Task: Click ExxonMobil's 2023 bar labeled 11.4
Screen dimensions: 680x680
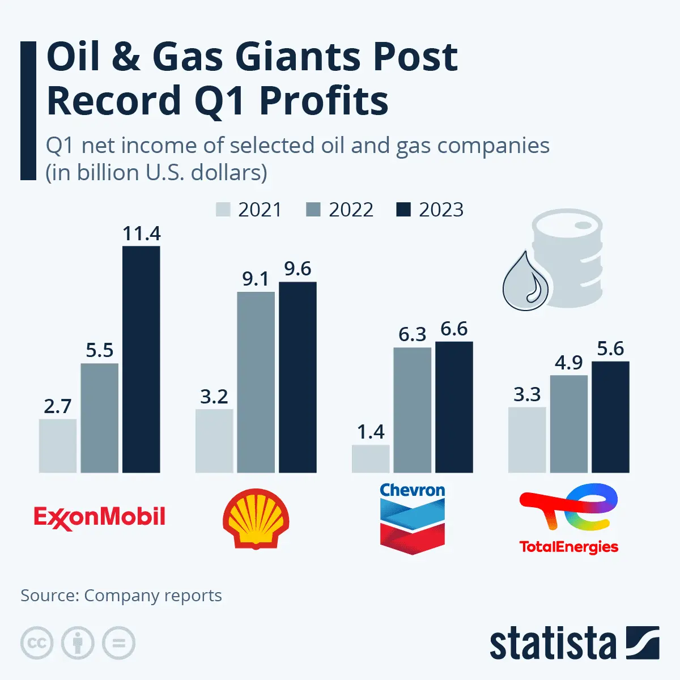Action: [141, 359]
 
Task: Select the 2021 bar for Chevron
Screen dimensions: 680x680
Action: [371, 459]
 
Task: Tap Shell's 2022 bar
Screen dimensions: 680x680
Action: [256, 382]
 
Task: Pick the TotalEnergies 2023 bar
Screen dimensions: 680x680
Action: [610, 417]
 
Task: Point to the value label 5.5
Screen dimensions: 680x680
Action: [100, 350]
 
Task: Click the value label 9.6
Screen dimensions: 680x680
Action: [297, 269]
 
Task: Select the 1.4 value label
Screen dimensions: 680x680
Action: [371, 432]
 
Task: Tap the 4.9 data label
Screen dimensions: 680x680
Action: [568, 363]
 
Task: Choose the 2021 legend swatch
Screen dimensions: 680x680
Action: [223, 210]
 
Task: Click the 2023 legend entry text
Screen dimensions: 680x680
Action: [441, 210]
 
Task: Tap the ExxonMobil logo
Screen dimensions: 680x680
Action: [100, 517]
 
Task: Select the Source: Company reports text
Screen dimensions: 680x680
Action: [121, 596]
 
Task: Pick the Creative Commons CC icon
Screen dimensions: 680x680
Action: [37, 643]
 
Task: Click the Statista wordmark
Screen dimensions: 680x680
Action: [552, 644]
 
